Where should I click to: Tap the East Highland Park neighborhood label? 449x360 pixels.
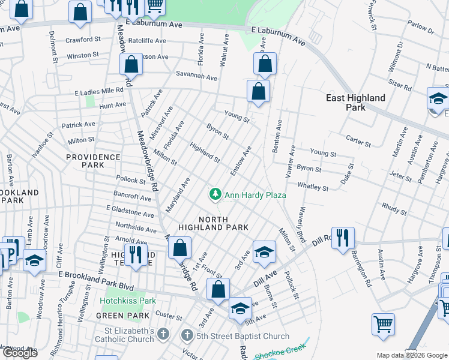point(355,103)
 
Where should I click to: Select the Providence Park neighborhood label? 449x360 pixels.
point(93,160)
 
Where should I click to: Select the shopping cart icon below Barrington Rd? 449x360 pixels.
point(383,324)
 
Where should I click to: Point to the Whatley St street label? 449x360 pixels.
point(313,187)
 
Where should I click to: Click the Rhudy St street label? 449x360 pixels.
point(394,209)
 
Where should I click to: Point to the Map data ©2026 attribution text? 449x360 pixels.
point(411,355)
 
